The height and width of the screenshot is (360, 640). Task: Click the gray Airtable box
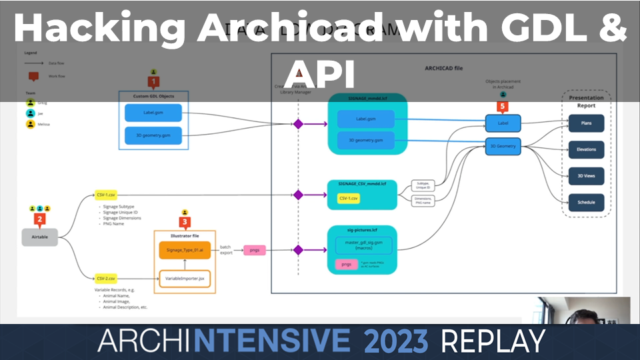[40, 237]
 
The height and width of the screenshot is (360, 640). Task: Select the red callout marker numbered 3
[185, 222]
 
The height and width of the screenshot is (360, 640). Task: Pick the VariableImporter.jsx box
[185, 278]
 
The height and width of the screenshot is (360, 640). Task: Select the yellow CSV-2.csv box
[106, 278]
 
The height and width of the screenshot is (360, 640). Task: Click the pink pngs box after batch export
[254, 250]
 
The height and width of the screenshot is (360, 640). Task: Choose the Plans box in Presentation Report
[586, 123]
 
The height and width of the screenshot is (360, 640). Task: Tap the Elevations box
[586, 149]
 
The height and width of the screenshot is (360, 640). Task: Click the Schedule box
[586, 203]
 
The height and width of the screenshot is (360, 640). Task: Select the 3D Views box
[586, 176]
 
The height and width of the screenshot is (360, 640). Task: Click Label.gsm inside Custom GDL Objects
[153, 113]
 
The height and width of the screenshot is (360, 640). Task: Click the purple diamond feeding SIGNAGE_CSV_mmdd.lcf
[298, 195]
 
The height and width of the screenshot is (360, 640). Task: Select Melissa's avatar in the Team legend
[31, 124]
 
